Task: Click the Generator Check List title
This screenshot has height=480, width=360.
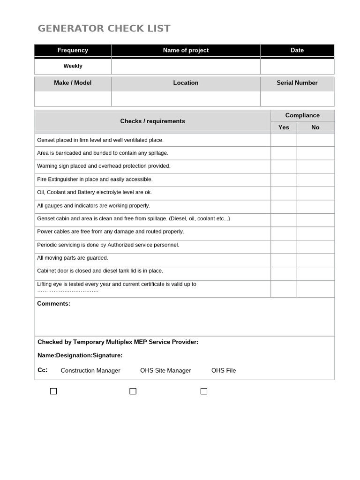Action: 104,29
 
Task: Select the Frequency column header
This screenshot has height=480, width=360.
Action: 73,50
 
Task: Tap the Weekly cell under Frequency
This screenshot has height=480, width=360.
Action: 73,66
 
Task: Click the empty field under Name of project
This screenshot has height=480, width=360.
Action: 186,67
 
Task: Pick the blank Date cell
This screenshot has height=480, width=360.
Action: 297,67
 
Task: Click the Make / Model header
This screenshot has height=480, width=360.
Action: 73,83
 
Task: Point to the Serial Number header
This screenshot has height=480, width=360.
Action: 297,83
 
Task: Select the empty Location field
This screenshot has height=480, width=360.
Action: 186,99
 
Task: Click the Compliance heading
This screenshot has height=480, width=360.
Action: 302,115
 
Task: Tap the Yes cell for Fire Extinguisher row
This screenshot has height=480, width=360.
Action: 284,180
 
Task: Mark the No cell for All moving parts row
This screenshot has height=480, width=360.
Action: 315,258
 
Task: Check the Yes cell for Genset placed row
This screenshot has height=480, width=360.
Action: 284,140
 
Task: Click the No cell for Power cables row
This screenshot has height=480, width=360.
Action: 315,232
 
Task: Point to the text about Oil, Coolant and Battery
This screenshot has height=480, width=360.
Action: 94,193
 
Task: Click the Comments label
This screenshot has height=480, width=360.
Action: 54,304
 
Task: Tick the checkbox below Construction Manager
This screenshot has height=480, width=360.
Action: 53,391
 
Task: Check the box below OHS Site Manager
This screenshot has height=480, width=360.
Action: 133,391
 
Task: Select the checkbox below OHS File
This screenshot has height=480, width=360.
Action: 204,391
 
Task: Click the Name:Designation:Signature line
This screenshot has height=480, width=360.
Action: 80,355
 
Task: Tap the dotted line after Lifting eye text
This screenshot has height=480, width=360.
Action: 68,291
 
